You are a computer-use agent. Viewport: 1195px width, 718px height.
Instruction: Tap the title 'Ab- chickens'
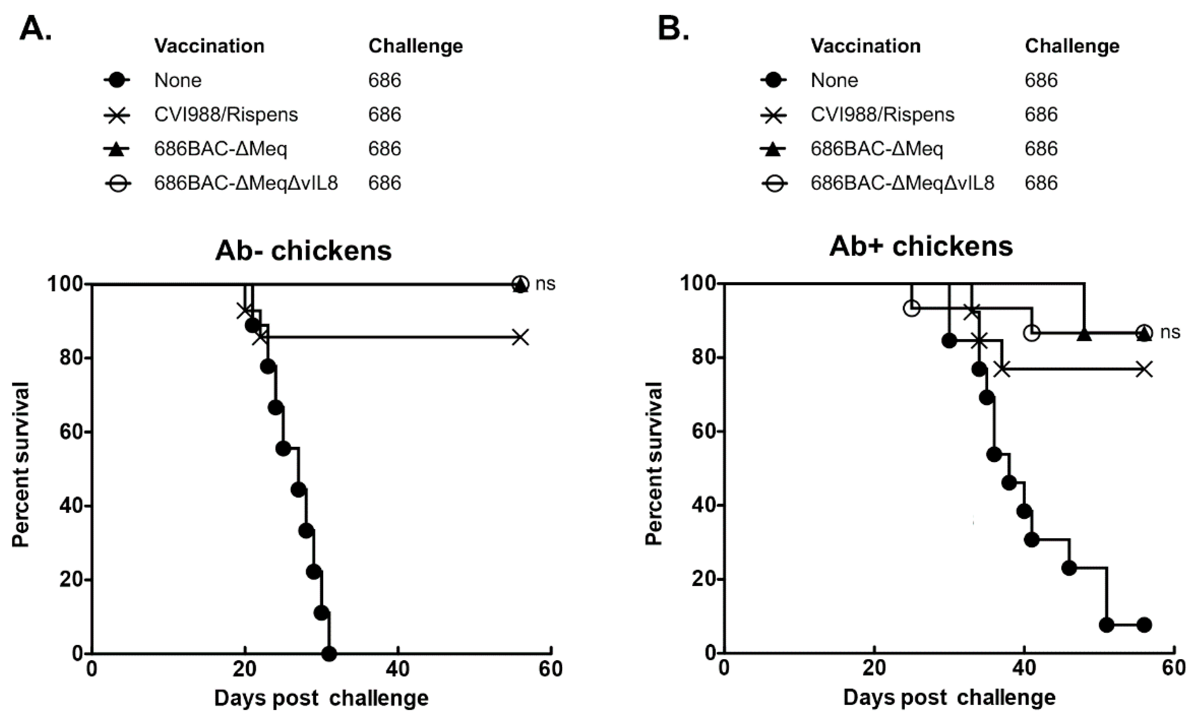pos(303,251)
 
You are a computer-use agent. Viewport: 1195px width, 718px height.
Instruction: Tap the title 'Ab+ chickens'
pos(921,246)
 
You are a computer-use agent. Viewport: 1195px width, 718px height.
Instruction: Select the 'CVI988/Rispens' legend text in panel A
pos(226,115)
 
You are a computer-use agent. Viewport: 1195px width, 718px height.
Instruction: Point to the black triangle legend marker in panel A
pos(117,149)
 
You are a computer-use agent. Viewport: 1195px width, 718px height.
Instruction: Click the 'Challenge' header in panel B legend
pos(1072,46)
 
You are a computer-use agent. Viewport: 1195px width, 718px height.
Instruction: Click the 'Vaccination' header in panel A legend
pos(209,46)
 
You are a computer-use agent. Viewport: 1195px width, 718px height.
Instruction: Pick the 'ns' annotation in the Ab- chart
pos(545,284)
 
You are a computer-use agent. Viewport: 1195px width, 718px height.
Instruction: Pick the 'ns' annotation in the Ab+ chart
pos(1170,332)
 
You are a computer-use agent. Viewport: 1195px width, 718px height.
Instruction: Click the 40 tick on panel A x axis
pos(398,670)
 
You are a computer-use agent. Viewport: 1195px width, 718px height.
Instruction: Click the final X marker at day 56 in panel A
pos(520,337)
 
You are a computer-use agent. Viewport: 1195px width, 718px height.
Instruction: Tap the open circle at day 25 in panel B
pos(911,308)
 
